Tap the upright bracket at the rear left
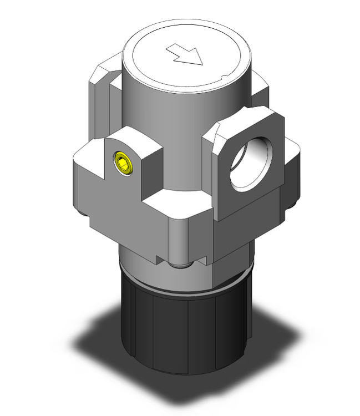pyautogui.click(x=100, y=100)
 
